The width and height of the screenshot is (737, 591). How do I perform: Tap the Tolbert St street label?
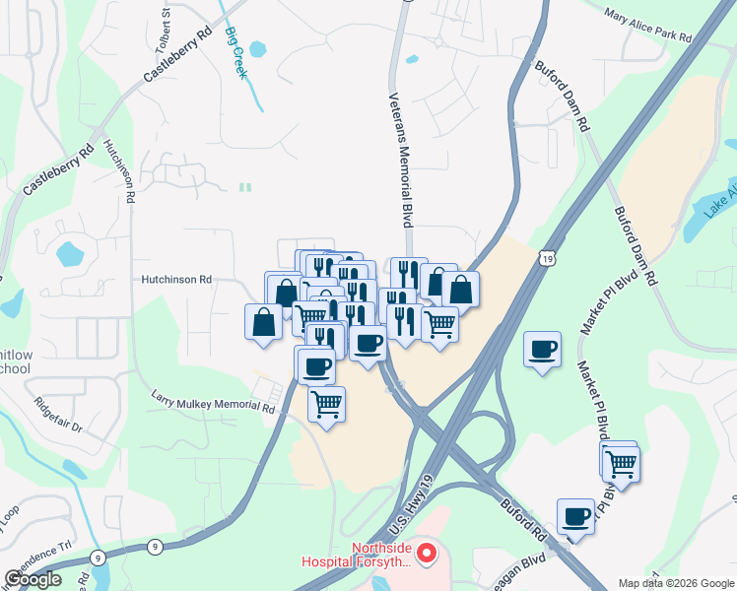pyautogui.click(x=165, y=22)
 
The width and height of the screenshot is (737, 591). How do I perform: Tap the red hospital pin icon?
pyautogui.click(x=427, y=554)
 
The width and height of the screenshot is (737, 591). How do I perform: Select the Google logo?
pyautogui.click(x=33, y=578)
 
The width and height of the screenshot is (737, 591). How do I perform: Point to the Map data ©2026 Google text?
pyautogui.click(x=676, y=583)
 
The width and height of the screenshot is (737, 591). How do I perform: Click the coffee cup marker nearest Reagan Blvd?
pyautogui.click(x=575, y=517)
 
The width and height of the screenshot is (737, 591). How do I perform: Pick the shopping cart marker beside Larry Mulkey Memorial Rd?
pyautogui.click(x=326, y=403)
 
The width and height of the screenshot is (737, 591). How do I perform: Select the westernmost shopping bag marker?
pyautogui.click(x=263, y=321)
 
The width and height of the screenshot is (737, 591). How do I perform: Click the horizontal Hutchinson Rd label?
pyautogui.click(x=176, y=280)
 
